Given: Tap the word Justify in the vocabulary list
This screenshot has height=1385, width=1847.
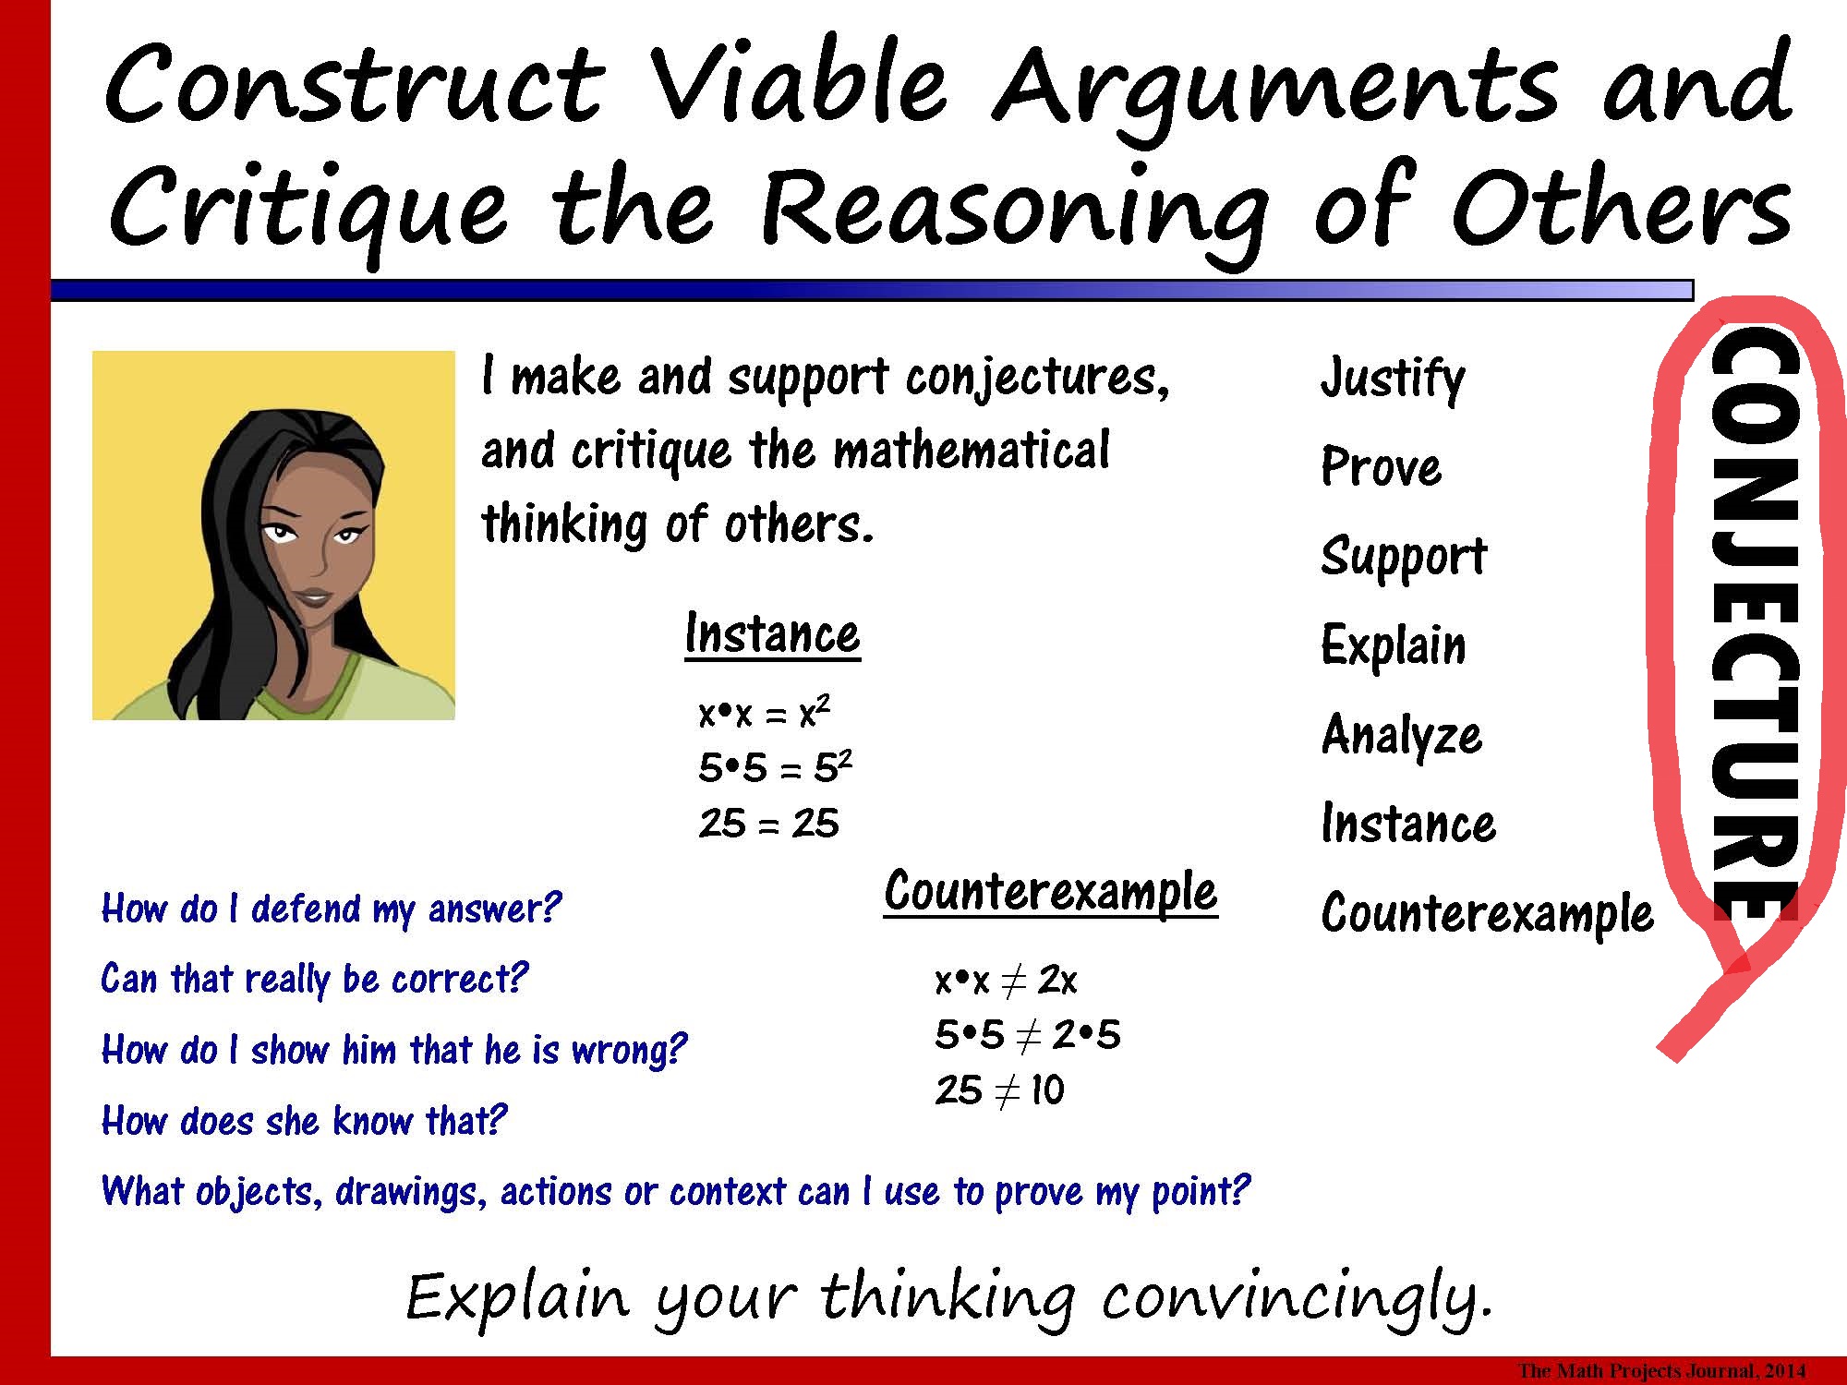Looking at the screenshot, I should tap(1392, 379).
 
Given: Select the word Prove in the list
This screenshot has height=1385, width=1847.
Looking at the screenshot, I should tap(1381, 467).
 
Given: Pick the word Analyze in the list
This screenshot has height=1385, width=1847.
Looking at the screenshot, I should tap(1401, 736).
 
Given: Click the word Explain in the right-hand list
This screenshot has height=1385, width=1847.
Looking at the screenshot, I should tap(1393, 645).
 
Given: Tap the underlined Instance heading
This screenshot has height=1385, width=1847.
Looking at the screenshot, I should tap(772, 635).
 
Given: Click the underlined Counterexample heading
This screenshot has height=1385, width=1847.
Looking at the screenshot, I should tap(1050, 892).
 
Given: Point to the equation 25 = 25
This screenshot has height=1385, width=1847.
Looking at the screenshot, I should tap(768, 824).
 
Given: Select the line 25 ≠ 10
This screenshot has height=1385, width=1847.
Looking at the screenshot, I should tap(999, 1091).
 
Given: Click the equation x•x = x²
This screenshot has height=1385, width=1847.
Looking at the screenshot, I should tap(764, 714).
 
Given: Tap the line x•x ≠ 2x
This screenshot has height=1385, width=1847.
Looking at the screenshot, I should tap(1006, 981).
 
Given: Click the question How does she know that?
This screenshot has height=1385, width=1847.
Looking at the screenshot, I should tap(304, 1121).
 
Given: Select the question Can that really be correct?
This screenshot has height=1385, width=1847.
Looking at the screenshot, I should tap(314, 979).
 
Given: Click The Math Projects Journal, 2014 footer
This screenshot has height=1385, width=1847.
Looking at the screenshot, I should tap(1661, 1371).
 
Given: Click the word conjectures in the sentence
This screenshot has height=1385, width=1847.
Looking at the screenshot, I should tap(1036, 378).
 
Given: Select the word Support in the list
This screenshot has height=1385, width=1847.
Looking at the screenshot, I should tap(1403, 557).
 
